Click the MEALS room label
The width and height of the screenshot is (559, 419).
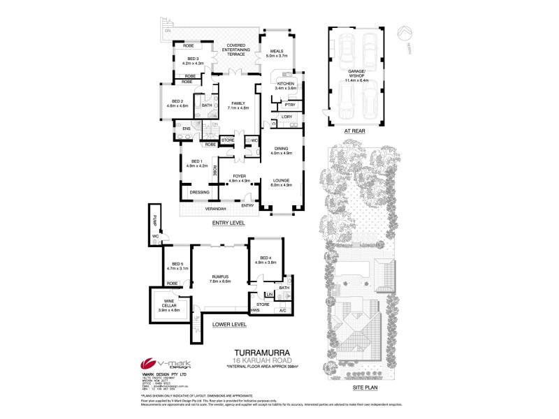click(277, 58)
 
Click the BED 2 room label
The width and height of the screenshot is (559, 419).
click(177, 103)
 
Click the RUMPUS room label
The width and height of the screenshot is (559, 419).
click(221, 278)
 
